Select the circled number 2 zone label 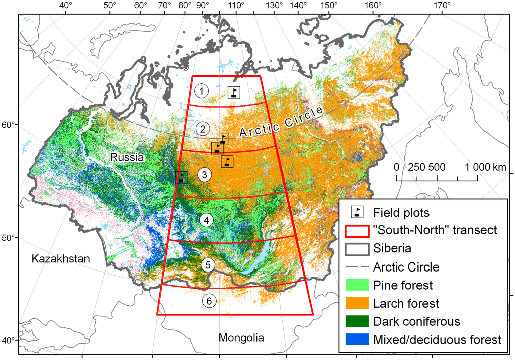tap(202, 128)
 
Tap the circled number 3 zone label tap(205, 175)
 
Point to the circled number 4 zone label tap(206, 220)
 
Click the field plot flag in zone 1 tap(234, 93)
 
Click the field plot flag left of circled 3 tap(181, 177)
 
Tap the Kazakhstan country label tap(60, 259)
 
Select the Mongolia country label tap(241, 337)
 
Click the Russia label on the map tap(127, 157)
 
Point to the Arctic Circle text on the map tap(280, 123)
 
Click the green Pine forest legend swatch tap(357, 286)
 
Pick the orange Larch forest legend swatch tap(357, 303)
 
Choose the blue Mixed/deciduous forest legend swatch tap(357, 339)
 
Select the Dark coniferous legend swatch tap(357, 321)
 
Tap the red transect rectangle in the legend tap(357, 230)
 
